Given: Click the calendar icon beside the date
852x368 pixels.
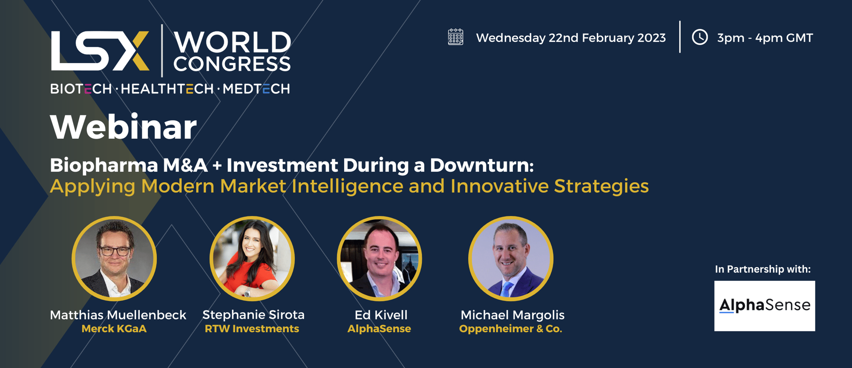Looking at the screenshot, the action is [x=455, y=37].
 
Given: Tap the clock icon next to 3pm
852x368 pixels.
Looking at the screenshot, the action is [x=699, y=37].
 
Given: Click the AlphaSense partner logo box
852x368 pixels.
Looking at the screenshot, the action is [x=765, y=306].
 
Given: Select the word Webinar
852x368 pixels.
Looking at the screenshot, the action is [x=124, y=126].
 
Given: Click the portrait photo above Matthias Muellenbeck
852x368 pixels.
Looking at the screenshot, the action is [x=114, y=259].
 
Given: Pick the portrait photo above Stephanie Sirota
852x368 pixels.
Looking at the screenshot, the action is [x=252, y=259].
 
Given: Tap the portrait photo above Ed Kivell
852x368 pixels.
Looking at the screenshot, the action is [x=379, y=259].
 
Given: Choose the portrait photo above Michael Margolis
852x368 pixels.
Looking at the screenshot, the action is [x=511, y=259].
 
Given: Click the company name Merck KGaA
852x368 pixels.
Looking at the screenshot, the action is [x=114, y=329].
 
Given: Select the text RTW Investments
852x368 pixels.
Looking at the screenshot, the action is [x=252, y=329].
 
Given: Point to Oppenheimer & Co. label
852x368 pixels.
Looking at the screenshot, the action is [x=511, y=329].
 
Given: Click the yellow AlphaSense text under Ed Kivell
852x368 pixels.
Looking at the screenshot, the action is [x=379, y=329].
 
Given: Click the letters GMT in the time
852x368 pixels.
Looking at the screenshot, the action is [x=799, y=38].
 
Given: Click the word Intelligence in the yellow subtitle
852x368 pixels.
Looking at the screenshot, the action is [x=347, y=187].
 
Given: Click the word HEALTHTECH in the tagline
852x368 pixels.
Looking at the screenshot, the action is [x=167, y=89].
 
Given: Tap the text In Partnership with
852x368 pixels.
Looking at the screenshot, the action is [x=763, y=269].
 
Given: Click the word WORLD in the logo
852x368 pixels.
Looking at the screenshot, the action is [x=232, y=42].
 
